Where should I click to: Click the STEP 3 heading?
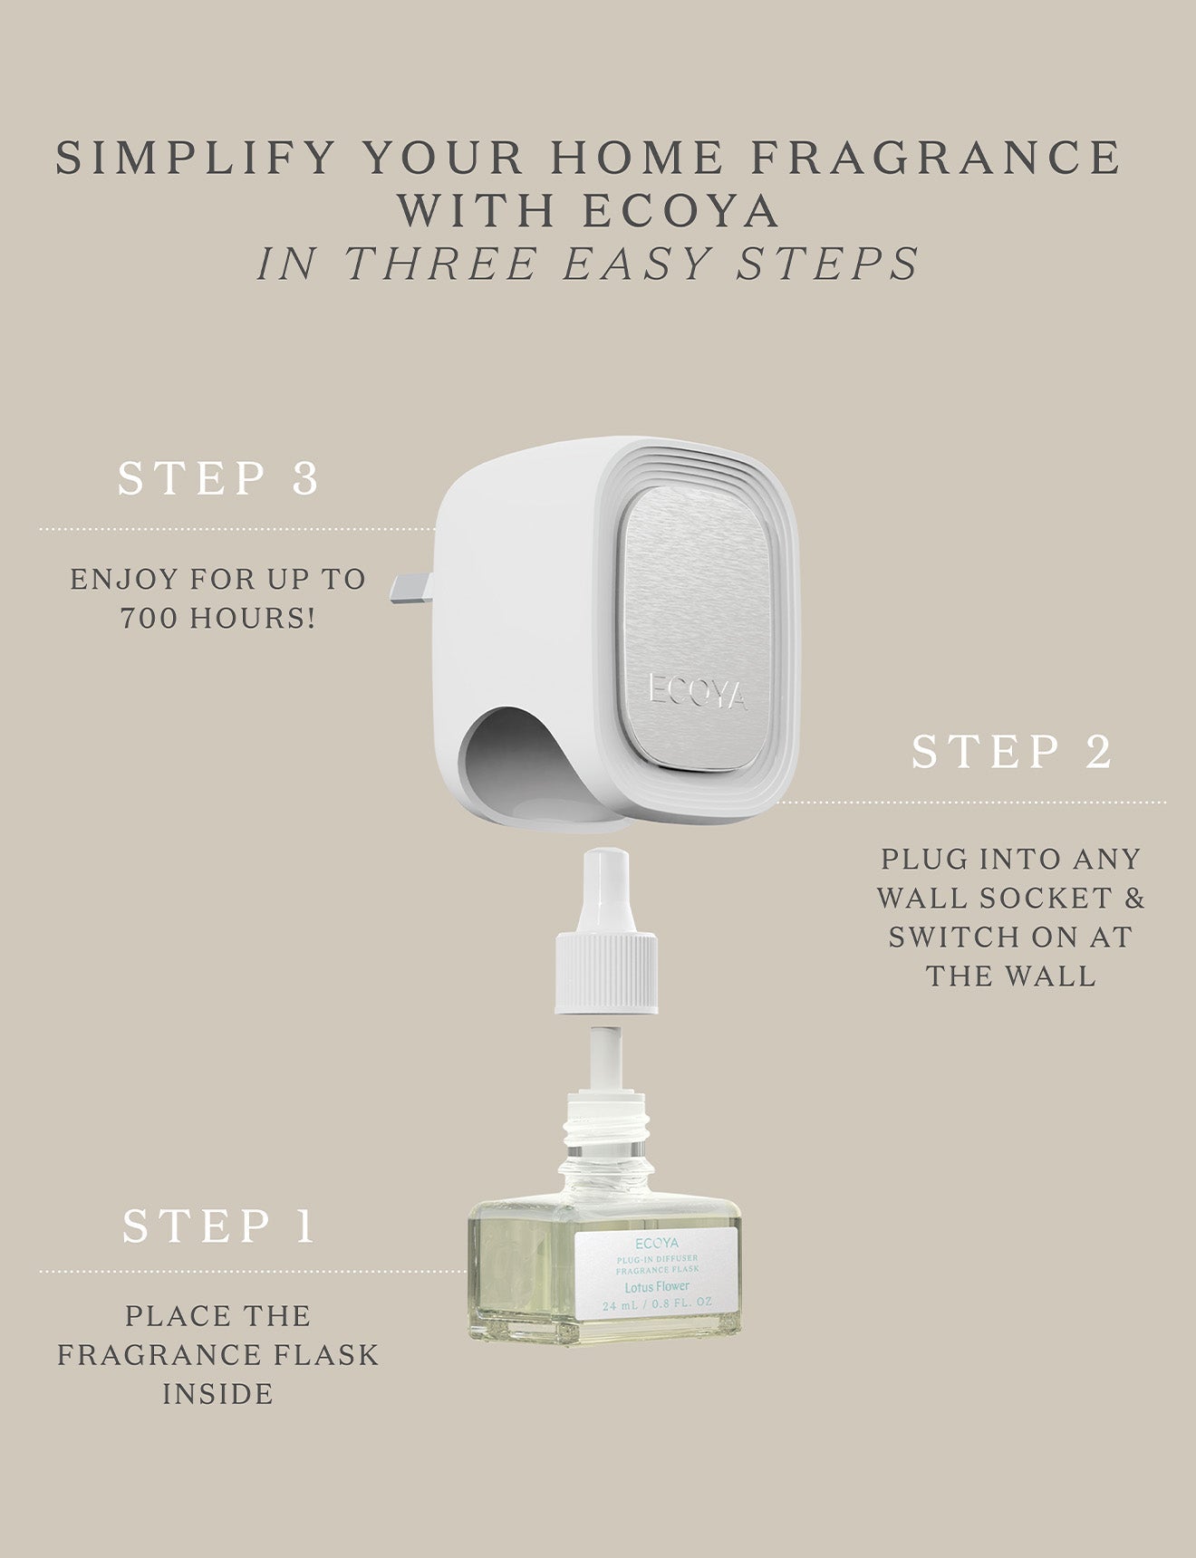pos(218,479)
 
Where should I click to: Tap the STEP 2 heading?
pos(1011,753)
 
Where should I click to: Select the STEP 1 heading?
pos(218,1226)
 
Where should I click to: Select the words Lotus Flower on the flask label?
pos(657,1286)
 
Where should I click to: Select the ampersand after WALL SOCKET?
pos(1134,899)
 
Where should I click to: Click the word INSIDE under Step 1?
pos(218,1394)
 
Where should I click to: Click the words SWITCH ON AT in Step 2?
pos(1011,938)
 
